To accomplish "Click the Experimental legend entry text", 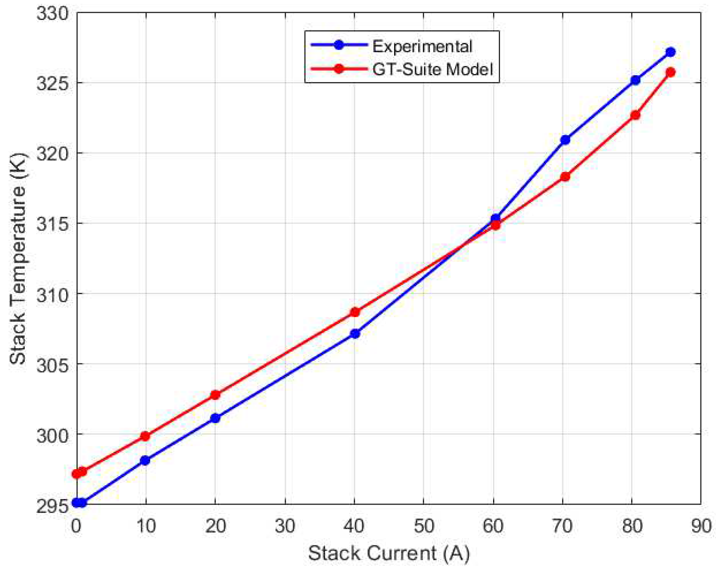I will click(x=422, y=46).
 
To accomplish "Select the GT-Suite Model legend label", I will click(x=432, y=69).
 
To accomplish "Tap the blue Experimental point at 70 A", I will click(x=565, y=140).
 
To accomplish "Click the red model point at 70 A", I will click(x=565, y=177).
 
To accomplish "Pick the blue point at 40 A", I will click(x=355, y=334).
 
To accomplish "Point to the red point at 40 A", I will click(x=355, y=312).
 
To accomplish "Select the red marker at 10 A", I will click(x=145, y=436).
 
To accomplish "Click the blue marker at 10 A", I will click(x=145, y=460).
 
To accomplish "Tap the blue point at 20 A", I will click(x=215, y=418).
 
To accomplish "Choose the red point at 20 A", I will click(x=215, y=395).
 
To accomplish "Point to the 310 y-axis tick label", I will click(x=52, y=295).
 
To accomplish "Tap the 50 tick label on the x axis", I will click(x=424, y=526).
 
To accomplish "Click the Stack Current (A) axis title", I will click(x=389, y=553).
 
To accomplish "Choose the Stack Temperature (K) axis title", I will click(x=18, y=258).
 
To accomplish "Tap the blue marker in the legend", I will click(x=339, y=45).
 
